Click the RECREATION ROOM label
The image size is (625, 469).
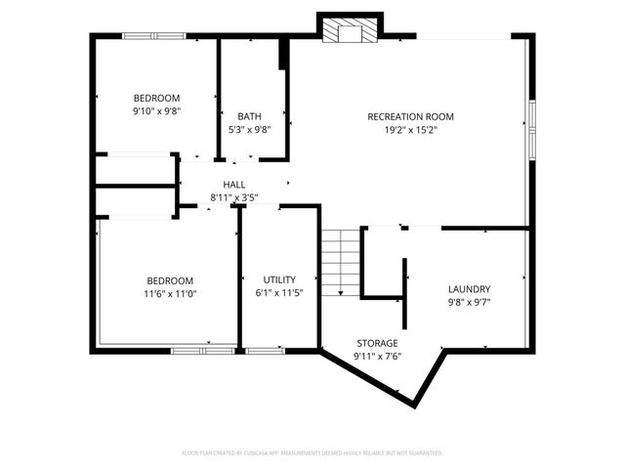(x=410, y=117)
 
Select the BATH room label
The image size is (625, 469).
(x=249, y=117)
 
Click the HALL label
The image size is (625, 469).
(x=234, y=185)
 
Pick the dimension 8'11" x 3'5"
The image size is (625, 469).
(x=234, y=197)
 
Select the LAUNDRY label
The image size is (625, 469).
(x=469, y=289)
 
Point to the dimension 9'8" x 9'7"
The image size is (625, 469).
(x=469, y=302)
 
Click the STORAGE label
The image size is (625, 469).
(x=377, y=343)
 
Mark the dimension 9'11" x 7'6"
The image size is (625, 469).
(x=377, y=356)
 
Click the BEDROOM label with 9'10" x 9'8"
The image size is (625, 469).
(x=156, y=98)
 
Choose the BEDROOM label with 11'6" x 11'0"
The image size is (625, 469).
(x=171, y=280)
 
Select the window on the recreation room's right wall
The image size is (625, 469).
(x=531, y=127)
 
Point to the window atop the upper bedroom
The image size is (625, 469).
(x=153, y=36)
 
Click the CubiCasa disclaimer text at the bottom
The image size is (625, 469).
(x=312, y=453)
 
